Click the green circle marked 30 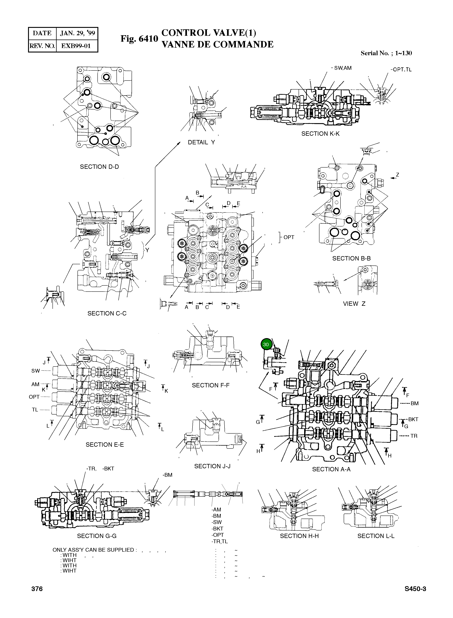click(x=266, y=344)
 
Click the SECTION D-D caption click(x=99, y=167)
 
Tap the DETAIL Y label click(x=201, y=142)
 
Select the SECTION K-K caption click(x=320, y=134)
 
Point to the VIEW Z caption click(x=354, y=303)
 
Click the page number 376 click(x=37, y=589)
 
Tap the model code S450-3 click(x=415, y=589)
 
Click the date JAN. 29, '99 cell click(x=77, y=33)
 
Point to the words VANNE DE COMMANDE click(x=218, y=44)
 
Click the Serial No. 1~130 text click(x=386, y=53)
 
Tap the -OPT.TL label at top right click(x=401, y=70)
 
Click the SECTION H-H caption click(x=299, y=536)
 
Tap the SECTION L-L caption click(x=376, y=536)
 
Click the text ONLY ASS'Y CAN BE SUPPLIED click(x=93, y=550)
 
